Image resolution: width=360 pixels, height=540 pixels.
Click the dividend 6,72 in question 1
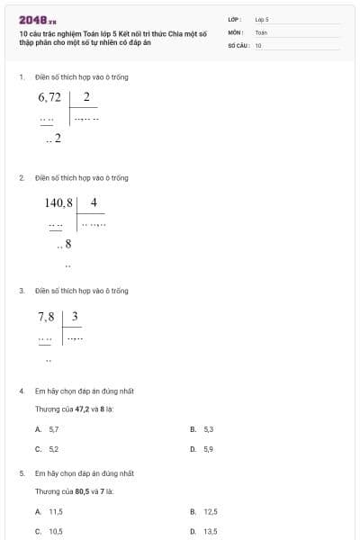pyautogui.click(x=49, y=97)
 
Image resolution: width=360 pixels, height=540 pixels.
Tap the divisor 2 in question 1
pyautogui.click(x=85, y=97)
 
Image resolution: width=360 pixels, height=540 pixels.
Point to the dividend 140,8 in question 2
pyautogui.click(x=58, y=203)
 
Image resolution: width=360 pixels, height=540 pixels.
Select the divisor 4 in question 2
pyautogui.click(x=93, y=202)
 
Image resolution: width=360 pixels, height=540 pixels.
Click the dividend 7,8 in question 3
pyautogui.click(x=46, y=317)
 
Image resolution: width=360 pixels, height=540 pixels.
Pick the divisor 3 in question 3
pyautogui.click(x=75, y=317)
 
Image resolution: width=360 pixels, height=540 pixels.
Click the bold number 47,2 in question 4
pyautogui.click(x=82, y=409)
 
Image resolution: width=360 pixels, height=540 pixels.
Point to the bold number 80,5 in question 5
pyautogui.click(x=82, y=491)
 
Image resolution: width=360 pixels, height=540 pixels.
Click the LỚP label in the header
pyautogui.click(x=235, y=19)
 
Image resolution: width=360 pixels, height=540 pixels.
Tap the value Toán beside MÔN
pyautogui.click(x=261, y=31)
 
